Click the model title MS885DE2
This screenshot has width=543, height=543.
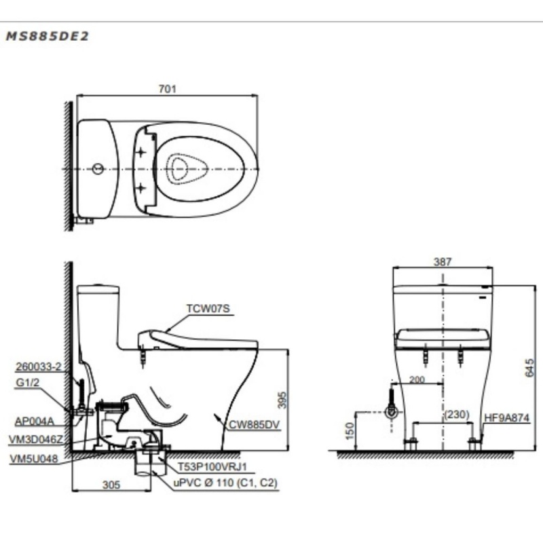48,36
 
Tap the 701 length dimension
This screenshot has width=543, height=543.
167,89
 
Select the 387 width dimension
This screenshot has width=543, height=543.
443,262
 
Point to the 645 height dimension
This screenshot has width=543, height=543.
529,368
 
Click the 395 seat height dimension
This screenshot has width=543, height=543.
282,400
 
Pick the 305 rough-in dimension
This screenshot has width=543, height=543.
111,485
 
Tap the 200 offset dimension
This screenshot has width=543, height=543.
417,380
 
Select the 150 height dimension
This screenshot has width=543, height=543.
350,431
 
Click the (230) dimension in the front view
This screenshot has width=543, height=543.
457,415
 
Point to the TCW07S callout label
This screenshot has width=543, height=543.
208,309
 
